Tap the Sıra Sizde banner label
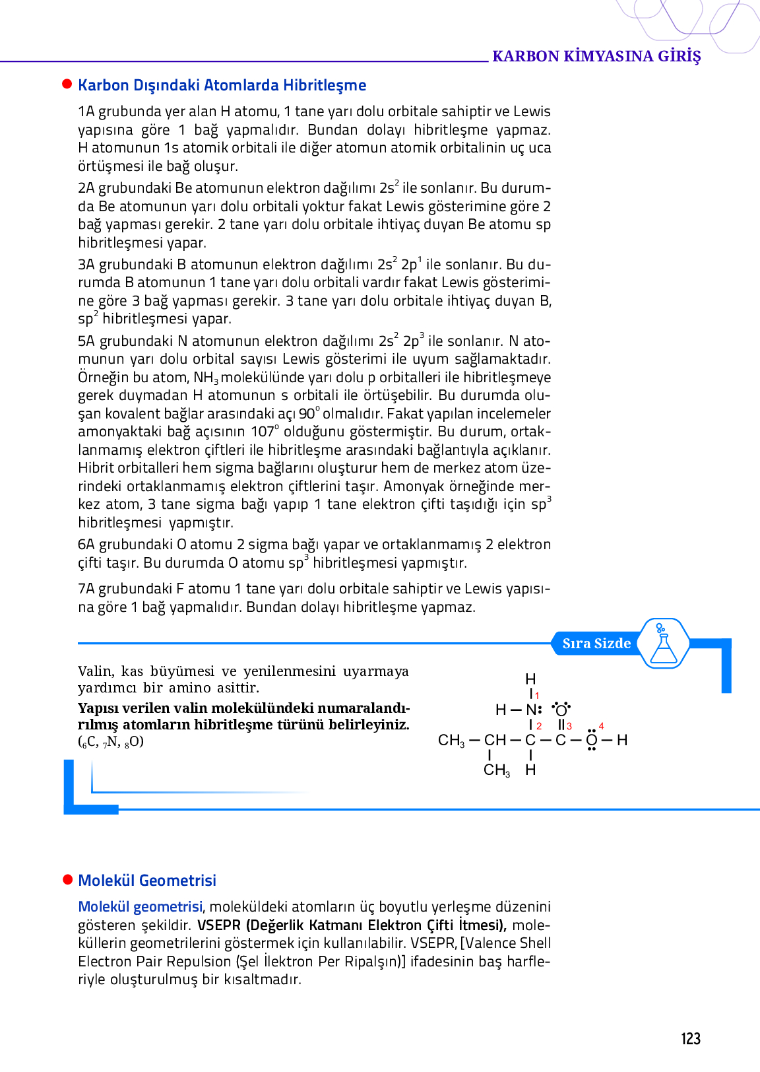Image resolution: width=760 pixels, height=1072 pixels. [596, 644]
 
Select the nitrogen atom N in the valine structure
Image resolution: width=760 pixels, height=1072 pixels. [532, 710]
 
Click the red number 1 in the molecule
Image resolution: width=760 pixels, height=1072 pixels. [537, 696]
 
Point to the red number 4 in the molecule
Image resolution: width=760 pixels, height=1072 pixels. [601, 726]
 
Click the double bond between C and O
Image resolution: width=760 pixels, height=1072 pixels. [561, 725]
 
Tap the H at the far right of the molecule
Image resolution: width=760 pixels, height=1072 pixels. [622, 740]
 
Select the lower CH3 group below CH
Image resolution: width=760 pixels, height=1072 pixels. [497, 770]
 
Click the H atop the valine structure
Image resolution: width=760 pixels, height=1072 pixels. [530, 679]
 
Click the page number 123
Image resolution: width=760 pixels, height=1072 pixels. [690, 1039]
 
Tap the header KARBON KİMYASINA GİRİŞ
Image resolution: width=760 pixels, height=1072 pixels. [596, 56]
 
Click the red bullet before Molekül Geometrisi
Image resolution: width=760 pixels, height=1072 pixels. [67, 880]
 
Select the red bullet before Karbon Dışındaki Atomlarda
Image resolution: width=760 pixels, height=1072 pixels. [67, 84]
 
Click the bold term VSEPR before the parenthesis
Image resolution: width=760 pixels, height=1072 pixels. [218, 925]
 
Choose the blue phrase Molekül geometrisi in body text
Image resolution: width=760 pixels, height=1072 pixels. [140, 907]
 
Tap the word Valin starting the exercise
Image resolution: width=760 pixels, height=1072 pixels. [95, 671]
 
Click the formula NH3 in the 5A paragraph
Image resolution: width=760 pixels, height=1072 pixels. [206, 378]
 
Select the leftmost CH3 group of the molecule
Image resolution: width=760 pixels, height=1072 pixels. [451, 741]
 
